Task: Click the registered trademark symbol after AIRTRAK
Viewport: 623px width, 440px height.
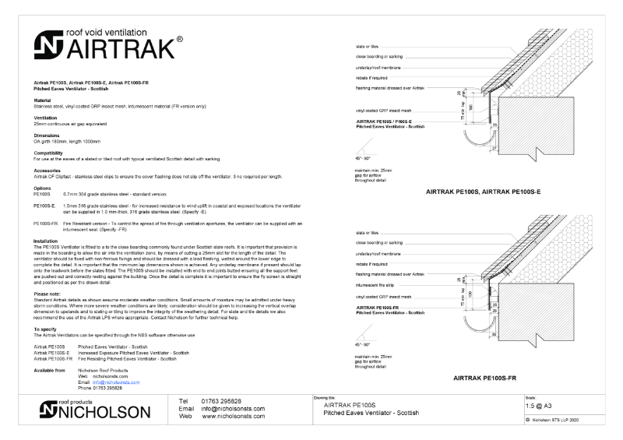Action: click(180, 40)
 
